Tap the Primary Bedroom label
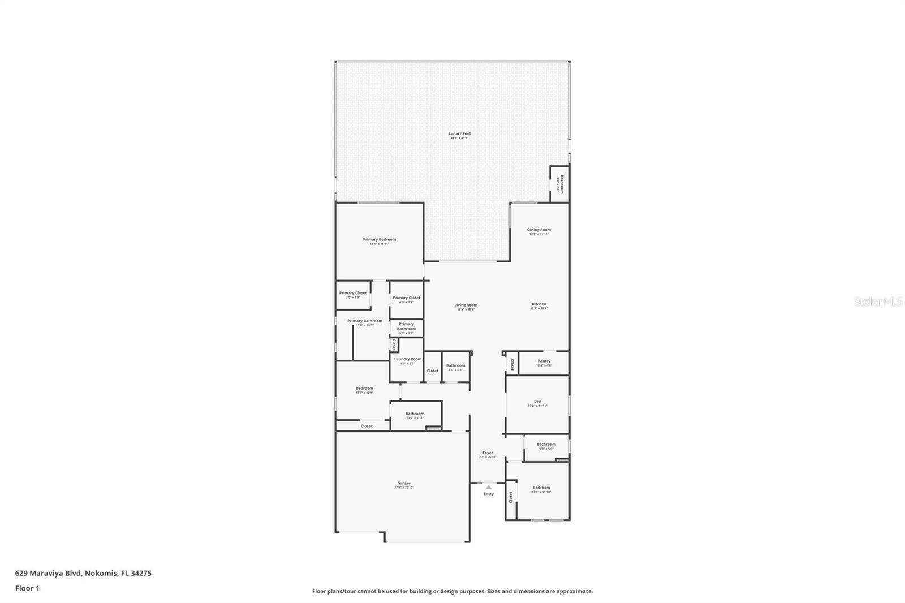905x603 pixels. pyautogui.click(x=379, y=240)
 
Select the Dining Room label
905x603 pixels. pyautogui.click(x=538, y=230)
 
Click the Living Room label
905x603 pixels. pyautogui.click(x=466, y=305)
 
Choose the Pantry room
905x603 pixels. pyautogui.click(x=544, y=362)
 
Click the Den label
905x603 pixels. pyautogui.click(x=537, y=402)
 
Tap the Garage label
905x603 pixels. pyautogui.click(x=404, y=484)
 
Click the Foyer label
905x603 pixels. pyautogui.click(x=488, y=453)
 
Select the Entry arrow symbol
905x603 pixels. pyautogui.click(x=489, y=487)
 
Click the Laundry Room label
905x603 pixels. pyautogui.click(x=407, y=360)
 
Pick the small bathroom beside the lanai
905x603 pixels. pyautogui.click(x=560, y=184)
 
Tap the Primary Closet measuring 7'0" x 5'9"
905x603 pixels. pyautogui.click(x=353, y=294)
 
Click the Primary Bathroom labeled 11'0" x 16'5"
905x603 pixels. pyautogui.click(x=364, y=322)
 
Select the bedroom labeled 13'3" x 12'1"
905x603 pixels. pyautogui.click(x=364, y=389)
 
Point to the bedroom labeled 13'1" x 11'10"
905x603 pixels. pyautogui.click(x=541, y=489)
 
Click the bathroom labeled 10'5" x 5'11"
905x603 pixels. pyautogui.click(x=415, y=415)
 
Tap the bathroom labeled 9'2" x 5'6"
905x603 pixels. pyautogui.click(x=546, y=445)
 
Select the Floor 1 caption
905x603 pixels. pyautogui.click(x=27, y=588)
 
